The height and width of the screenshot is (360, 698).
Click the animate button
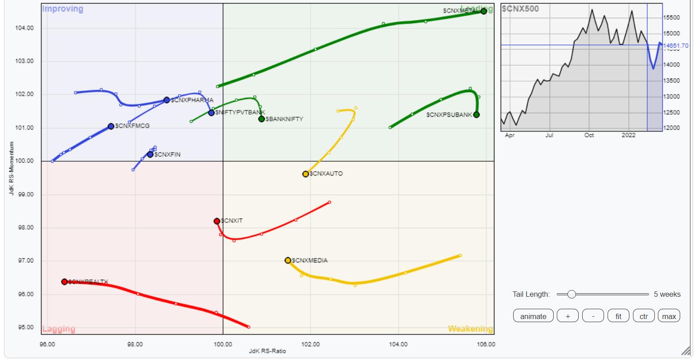[x=533, y=316]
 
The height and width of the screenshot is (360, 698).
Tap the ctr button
[x=644, y=316]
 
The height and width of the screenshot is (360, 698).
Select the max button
[x=669, y=316]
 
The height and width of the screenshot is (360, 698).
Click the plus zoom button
[x=567, y=316]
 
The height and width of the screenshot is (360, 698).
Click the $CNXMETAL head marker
[x=484, y=11]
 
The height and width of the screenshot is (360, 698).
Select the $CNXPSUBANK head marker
[x=477, y=115]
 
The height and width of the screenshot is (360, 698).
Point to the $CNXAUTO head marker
[x=306, y=174]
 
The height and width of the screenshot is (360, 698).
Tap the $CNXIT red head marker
[x=217, y=221]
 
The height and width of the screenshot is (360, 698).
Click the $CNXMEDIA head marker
[x=288, y=260]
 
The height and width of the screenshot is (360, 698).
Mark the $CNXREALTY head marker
[x=65, y=282]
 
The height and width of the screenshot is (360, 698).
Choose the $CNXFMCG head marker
[x=111, y=126]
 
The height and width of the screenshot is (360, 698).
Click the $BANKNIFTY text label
[x=284, y=119]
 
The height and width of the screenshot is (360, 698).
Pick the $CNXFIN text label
[x=167, y=155]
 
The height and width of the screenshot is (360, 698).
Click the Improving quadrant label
[x=62, y=9]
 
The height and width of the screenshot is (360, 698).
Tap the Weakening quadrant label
[x=470, y=329]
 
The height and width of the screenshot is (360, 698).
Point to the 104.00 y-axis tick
[x=24, y=28]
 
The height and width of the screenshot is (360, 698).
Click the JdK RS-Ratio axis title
[x=267, y=351]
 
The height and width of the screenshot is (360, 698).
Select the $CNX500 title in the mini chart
[x=520, y=8]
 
